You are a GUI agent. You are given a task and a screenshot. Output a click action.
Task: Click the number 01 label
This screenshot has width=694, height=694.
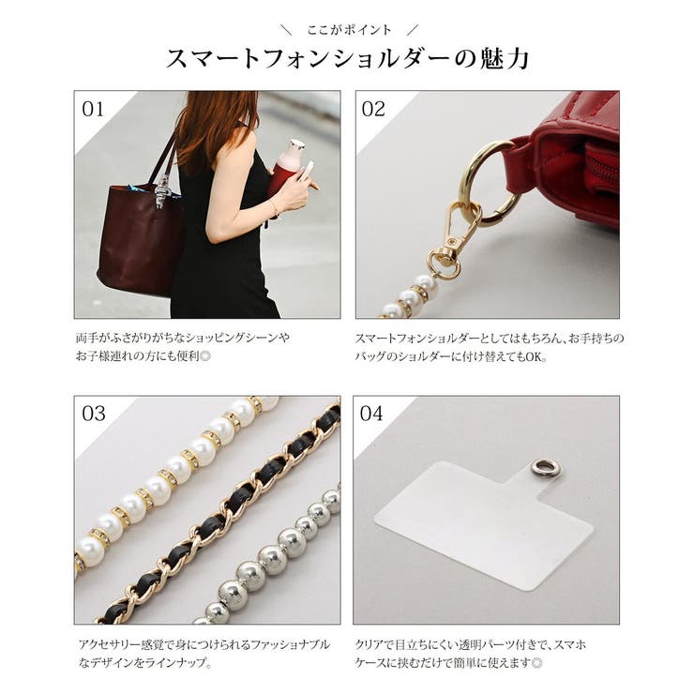93,109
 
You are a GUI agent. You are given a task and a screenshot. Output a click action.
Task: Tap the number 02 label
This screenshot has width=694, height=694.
373,109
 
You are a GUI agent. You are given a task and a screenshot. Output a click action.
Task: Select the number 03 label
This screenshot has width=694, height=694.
94,414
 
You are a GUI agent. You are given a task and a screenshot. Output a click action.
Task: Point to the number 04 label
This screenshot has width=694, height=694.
371,414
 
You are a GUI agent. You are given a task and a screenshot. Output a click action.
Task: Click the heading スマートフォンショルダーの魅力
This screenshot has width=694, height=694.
347,58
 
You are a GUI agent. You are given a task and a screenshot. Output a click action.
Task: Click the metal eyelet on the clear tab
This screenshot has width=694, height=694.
542,467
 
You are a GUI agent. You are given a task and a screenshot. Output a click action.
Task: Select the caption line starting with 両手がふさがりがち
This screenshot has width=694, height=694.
183,338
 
